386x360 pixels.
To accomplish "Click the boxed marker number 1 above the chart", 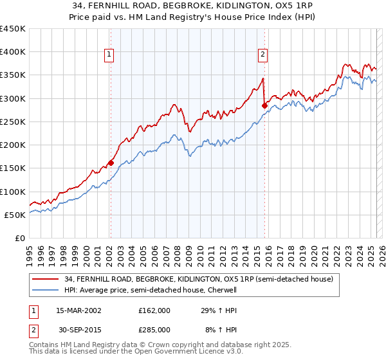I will pyautogui.click(x=110, y=55).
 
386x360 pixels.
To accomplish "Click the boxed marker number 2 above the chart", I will pyautogui.click(x=263, y=55).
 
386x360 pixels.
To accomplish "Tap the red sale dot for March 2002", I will pyautogui.click(x=111, y=163).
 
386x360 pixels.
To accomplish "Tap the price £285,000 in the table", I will pyautogui.click(x=154, y=329).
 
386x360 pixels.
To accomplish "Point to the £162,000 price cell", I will pyautogui.click(x=154, y=310).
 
